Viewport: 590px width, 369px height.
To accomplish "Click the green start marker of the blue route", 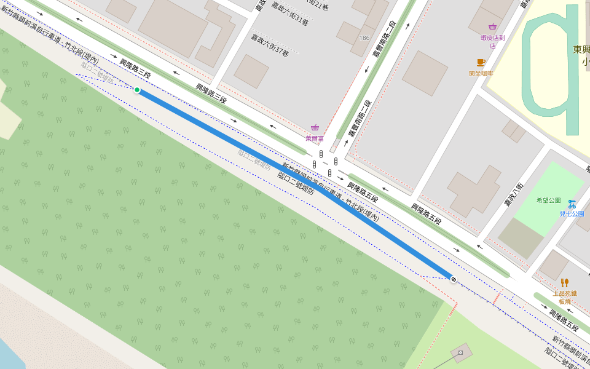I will tap(137, 90).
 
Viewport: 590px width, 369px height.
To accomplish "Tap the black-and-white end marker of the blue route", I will tap(454, 280).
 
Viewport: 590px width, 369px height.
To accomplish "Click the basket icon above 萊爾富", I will tap(315, 127).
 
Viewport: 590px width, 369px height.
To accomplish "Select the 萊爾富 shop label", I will tap(315, 139).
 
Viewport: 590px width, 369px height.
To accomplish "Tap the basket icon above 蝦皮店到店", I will tap(492, 26).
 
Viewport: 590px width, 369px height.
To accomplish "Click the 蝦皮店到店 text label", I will tap(492, 41).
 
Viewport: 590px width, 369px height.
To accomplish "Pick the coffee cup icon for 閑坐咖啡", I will tap(481, 62).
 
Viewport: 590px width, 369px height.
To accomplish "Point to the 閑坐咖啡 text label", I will tap(481, 73).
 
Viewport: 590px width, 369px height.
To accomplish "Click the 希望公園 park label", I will tap(548, 200).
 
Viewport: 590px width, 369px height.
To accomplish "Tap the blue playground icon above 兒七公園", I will tap(572, 203).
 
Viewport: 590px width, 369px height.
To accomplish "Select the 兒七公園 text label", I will tap(572, 213).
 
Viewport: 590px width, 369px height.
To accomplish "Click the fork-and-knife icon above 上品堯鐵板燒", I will tap(564, 283).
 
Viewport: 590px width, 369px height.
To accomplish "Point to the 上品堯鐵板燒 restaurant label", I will tap(564, 297).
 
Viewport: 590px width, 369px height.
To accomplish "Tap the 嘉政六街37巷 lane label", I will tap(269, 46).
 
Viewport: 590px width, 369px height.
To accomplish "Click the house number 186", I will tap(364, 38).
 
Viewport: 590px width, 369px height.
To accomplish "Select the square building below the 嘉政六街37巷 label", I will tap(251, 71).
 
